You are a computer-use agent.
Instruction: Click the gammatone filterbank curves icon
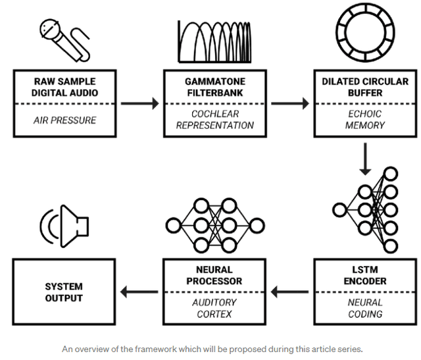[214, 42]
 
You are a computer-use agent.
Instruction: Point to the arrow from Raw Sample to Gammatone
[139, 103]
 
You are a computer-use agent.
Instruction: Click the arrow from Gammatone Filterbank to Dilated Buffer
[289, 103]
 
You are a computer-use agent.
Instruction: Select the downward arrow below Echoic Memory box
[363, 160]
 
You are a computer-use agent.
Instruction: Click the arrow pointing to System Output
[139, 292]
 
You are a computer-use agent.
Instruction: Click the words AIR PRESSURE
[64, 120]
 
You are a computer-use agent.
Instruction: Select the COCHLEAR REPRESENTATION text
[214, 120]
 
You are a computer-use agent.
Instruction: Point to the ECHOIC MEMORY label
[364, 120]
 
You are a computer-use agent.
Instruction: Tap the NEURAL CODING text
[364, 308]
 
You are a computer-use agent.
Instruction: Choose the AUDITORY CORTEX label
[214, 308]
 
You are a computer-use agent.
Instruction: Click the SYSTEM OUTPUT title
[64, 292]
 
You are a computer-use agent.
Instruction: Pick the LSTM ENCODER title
[364, 275]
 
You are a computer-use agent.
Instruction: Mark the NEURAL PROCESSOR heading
[214, 275]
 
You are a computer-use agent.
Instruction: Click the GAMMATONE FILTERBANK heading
[214, 87]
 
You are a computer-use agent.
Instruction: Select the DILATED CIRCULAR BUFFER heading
[364, 87]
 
